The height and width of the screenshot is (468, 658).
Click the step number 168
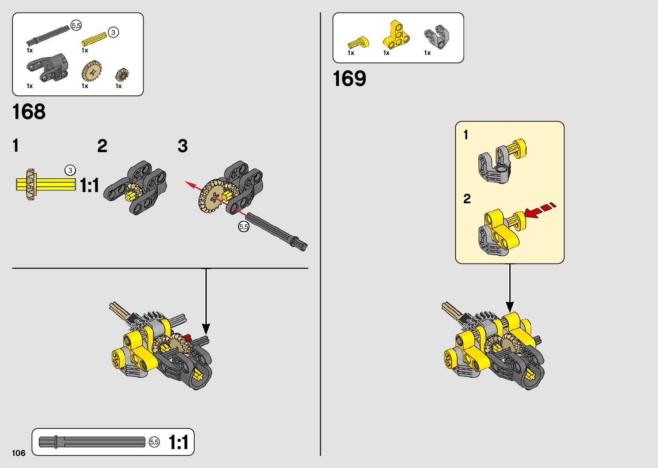click(29, 112)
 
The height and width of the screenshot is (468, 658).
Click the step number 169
click(349, 79)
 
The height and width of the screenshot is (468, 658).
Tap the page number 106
click(19, 453)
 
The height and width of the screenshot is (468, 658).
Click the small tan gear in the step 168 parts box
click(122, 75)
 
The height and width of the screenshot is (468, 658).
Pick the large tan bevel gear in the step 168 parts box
click(92, 71)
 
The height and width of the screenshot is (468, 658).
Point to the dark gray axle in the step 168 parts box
click(49, 35)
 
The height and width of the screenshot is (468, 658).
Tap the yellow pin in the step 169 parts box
click(358, 43)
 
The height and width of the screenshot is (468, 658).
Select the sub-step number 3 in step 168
click(183, 147)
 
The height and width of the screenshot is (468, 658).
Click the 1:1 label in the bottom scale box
click(178, 443)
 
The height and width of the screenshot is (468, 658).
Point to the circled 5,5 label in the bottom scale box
click(154, 442)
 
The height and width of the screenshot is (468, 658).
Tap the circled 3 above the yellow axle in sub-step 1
click(70, 170)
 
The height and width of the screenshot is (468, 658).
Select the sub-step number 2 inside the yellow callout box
click(467, 199)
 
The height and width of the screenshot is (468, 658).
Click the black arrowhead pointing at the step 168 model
click(206, 329)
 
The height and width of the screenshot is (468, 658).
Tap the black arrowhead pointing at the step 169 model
click(510, 307)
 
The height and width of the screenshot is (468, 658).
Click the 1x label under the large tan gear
click(85, 86)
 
